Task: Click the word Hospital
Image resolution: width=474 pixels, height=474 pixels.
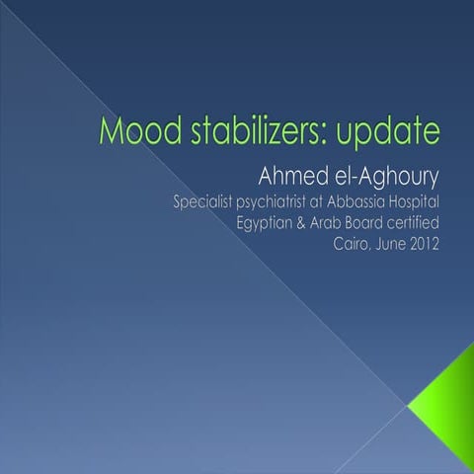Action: click(435, 204)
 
